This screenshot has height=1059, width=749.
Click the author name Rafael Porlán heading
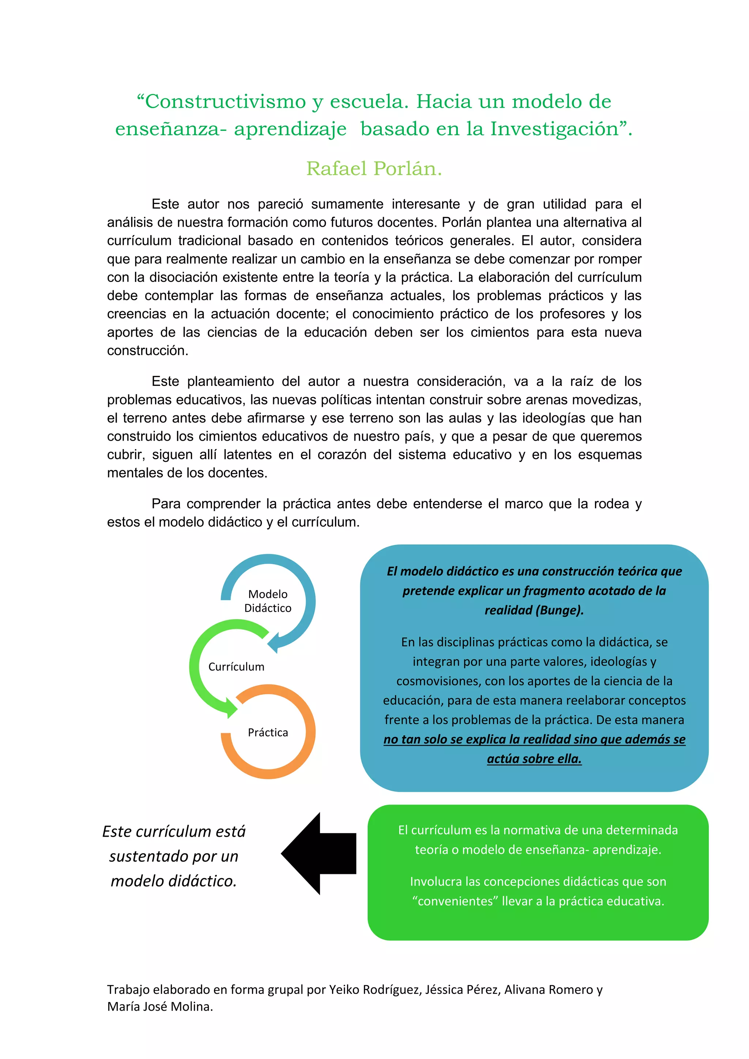pos(374,169)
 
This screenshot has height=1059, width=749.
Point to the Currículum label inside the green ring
pos(236,667)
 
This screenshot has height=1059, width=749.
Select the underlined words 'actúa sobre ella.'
pos(534,759)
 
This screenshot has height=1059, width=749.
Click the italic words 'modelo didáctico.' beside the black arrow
pos(173,881)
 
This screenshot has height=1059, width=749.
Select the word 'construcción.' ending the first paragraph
pos(148,351)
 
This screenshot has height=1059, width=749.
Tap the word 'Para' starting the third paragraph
pos(166,504)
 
